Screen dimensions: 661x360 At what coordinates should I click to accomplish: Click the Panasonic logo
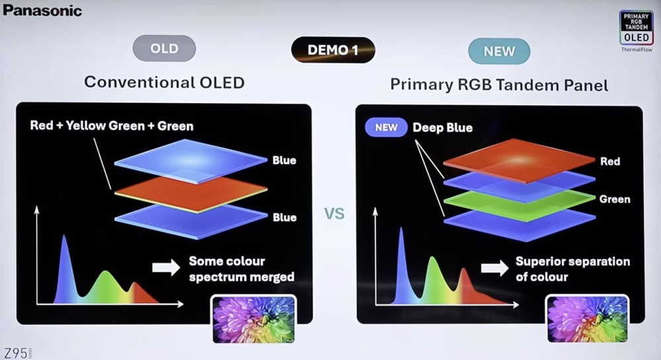pyautogui.click(x=42, y=10)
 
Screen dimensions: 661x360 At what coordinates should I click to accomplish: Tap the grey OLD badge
pyautogui.click(x=165, y=48)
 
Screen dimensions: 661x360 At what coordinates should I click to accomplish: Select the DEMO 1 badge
pyautogui.click(x=332, y=50)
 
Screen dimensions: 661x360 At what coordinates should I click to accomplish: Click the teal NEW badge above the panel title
pyautogui.click(x=499, y=52)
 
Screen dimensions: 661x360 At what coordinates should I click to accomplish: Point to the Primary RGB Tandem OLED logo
pyautogui.click(x=636, y=28)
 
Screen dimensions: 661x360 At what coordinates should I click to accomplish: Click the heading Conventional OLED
pyautogui.click(x=165, y=82)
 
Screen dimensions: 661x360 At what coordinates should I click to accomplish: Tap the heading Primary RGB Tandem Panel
pyautogui.click(x=499, y=85)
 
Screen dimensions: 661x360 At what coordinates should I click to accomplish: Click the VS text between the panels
pyautogui.click(x=334, y=214)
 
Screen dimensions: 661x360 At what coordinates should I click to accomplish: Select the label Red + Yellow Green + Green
pyautogui.click(x=112, y=126)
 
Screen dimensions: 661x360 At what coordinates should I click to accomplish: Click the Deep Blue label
pyautogui.click(x=443, y=127)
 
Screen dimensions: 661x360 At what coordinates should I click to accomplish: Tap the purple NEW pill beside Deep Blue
pyautogui.click(x=386, y=127)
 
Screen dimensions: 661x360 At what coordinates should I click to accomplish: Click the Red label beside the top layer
pyautogui.click(x=610, y=161)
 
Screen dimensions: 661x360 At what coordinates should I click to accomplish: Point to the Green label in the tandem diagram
pyautogui.click(x=615, y=199)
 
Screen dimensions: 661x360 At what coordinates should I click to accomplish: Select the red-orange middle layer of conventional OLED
pyautogui.click(x=190, y=194)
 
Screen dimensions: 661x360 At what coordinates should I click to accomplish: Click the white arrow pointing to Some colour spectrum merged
pyautogui.click(x=166, y=268)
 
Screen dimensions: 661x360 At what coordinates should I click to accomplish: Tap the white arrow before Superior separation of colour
pyautogui.click(x=494, y=268)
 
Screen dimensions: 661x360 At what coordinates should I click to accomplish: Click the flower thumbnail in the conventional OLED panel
pyautogui.click(x=253, y=319)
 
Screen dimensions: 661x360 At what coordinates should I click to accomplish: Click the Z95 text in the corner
pyautogui.click(x=16, y=353)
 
